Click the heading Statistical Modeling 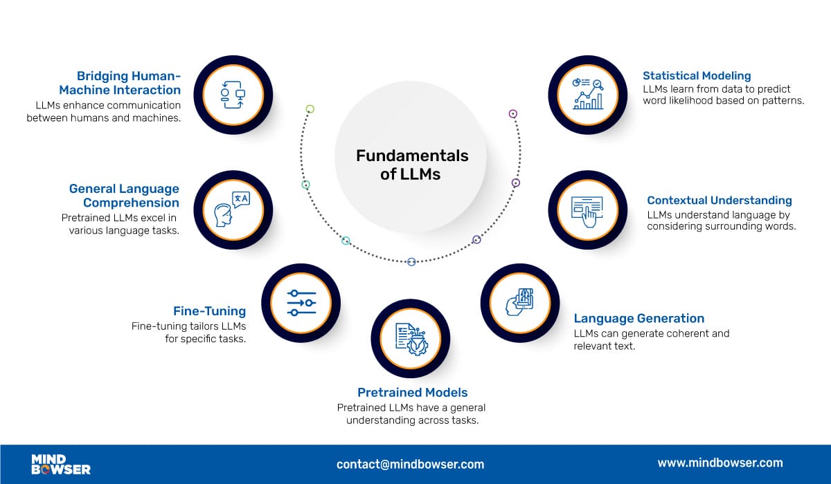coord(696,76)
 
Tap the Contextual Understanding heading coord(719,201)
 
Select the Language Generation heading coord(638,319)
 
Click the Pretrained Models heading coord(412,393)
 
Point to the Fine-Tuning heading coord(209,311)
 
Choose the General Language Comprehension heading coord(124,196)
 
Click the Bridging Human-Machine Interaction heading coord(120,83)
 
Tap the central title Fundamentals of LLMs coord(412,165)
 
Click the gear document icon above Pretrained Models coord(411,339)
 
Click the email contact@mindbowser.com coord(410,464)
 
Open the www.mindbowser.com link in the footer coord(720,463)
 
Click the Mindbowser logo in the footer coord(61,464)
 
